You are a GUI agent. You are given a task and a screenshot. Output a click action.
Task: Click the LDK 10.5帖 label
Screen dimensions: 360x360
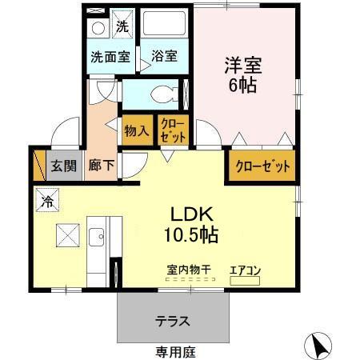[x=191, y=225]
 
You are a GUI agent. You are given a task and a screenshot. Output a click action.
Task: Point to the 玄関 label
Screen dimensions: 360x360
[x=64, y=166]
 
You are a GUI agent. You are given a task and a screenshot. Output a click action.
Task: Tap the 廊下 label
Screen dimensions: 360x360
[x=100, y=166]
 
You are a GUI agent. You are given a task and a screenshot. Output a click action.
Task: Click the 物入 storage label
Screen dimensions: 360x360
[x=134, y=130]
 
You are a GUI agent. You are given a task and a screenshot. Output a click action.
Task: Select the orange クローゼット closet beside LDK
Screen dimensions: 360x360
[x=261, y=167]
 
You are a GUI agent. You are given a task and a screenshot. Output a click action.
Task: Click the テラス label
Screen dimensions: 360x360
[x=172, y=322]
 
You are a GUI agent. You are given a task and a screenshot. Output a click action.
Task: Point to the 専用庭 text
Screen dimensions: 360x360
[x=175, y=351]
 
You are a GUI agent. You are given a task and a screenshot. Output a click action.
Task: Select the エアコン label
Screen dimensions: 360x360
[x=245, y=270]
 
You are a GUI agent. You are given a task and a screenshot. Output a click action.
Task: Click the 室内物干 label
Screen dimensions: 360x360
[x=190, y=270]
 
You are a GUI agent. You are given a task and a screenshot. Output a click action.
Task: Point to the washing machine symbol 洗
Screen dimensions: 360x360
[x=122, y=26]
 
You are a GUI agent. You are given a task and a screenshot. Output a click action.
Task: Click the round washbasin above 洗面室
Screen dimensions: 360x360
[x=97, y=26]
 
